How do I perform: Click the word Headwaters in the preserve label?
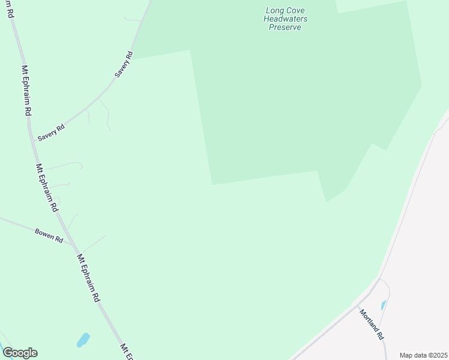tap(286, 19)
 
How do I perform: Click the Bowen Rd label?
tap(49, 235)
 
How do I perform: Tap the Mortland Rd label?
tap(371, 324)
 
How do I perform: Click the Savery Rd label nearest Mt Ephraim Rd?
tap(51, 133)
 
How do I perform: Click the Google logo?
tap(20, 353)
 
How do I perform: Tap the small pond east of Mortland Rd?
tap(384, 305)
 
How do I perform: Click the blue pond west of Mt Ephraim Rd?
tap(83, 340)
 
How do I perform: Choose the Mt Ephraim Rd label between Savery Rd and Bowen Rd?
tap(46, 187)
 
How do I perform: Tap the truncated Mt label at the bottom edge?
tap(127, 352)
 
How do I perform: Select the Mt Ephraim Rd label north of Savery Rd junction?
tap(26, 90)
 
